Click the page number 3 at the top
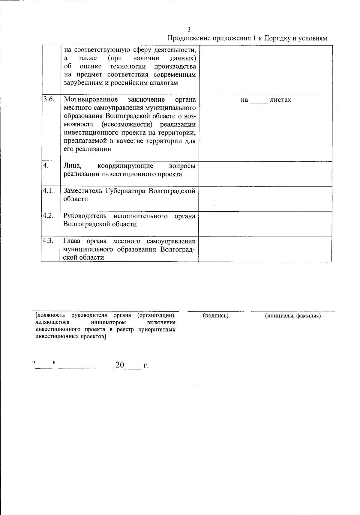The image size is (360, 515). (189, 29)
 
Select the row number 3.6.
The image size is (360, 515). (48, 100)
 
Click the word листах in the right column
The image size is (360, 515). (280, 100)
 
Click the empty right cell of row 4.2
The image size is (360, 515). (265, 224)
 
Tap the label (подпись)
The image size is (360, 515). (216, 316)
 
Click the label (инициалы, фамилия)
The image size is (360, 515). (293, 316)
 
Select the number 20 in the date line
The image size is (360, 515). (120, 365)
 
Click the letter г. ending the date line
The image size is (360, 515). (146, 365)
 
